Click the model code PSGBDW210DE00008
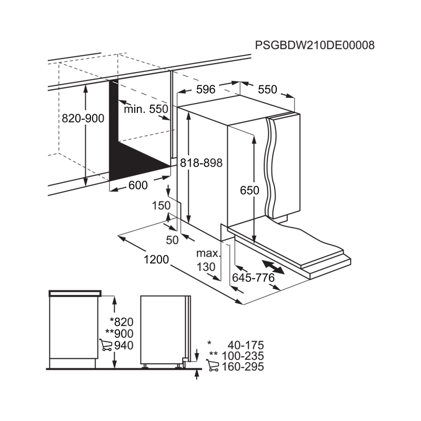pyautogui.click(x=315, y=45)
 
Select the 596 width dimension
pyautogui.click(x=206, y=89)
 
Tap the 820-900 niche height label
pyautogui.click(x=83, y=118)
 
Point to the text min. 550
pyautogui.click(x=146, y=109)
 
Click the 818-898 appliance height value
pyautogui.click(x=201, y=163)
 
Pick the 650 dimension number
pyautogui.click(x=249, y=191)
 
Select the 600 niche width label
pyautogui.click(x=138, y=185)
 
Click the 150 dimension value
pyautogui.click(x=161, y=206)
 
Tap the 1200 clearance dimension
pyautogui.click(x=156, y=259)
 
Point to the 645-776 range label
pyautogui.click(x=253, y=278)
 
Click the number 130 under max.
pyautogui.click(x=206, y=267)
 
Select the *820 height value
pyautogui.click(x=122, y=322)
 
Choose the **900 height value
pyautogui.click(x=119, y=334)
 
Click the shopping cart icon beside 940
pyautogui.click(x=106, y=345)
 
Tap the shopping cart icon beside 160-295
pyautogui.click(x=213, y=365)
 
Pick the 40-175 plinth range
pyautogui.click(x=246, y=345)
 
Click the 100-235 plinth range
pyautogui.click(x=243, y=356)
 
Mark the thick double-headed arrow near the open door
pyautogui.click(x=273, y=267)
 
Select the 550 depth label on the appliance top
pyautogui.click(x=267, y=89)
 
